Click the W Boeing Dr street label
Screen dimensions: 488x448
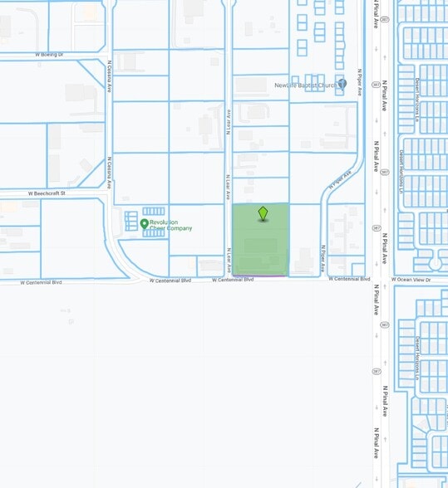[49, 55]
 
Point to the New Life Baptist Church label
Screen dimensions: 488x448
[305, 85]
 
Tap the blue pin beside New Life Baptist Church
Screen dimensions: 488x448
[342, 84]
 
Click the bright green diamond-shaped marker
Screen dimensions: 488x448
[263, 213]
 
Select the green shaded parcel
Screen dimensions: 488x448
[261, 245]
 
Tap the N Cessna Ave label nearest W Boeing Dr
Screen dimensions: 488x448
[109, 76]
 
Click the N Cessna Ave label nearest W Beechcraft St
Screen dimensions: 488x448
[109, 169]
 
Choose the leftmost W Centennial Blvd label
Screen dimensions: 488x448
[41, 282]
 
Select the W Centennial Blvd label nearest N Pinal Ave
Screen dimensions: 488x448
[348, 280]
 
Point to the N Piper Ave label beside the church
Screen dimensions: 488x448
[360, 81]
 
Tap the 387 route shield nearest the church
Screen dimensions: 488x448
[376, 85]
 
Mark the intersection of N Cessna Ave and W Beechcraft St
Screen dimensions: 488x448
[109, 191]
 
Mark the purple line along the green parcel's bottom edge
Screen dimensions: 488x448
[261, 276]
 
